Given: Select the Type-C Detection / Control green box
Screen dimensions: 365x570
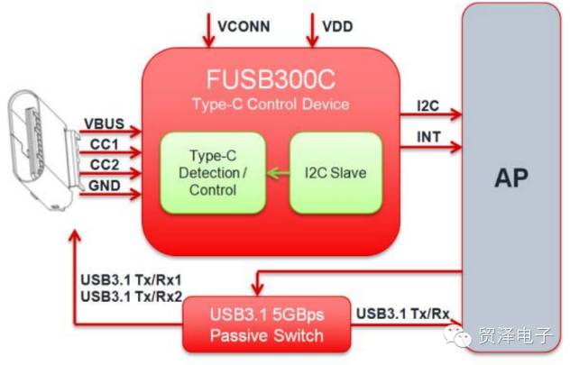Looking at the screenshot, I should pos(214,171).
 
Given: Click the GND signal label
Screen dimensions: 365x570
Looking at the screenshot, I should pos(102,185).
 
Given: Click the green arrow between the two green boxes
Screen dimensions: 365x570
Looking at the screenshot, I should pos(278,172).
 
